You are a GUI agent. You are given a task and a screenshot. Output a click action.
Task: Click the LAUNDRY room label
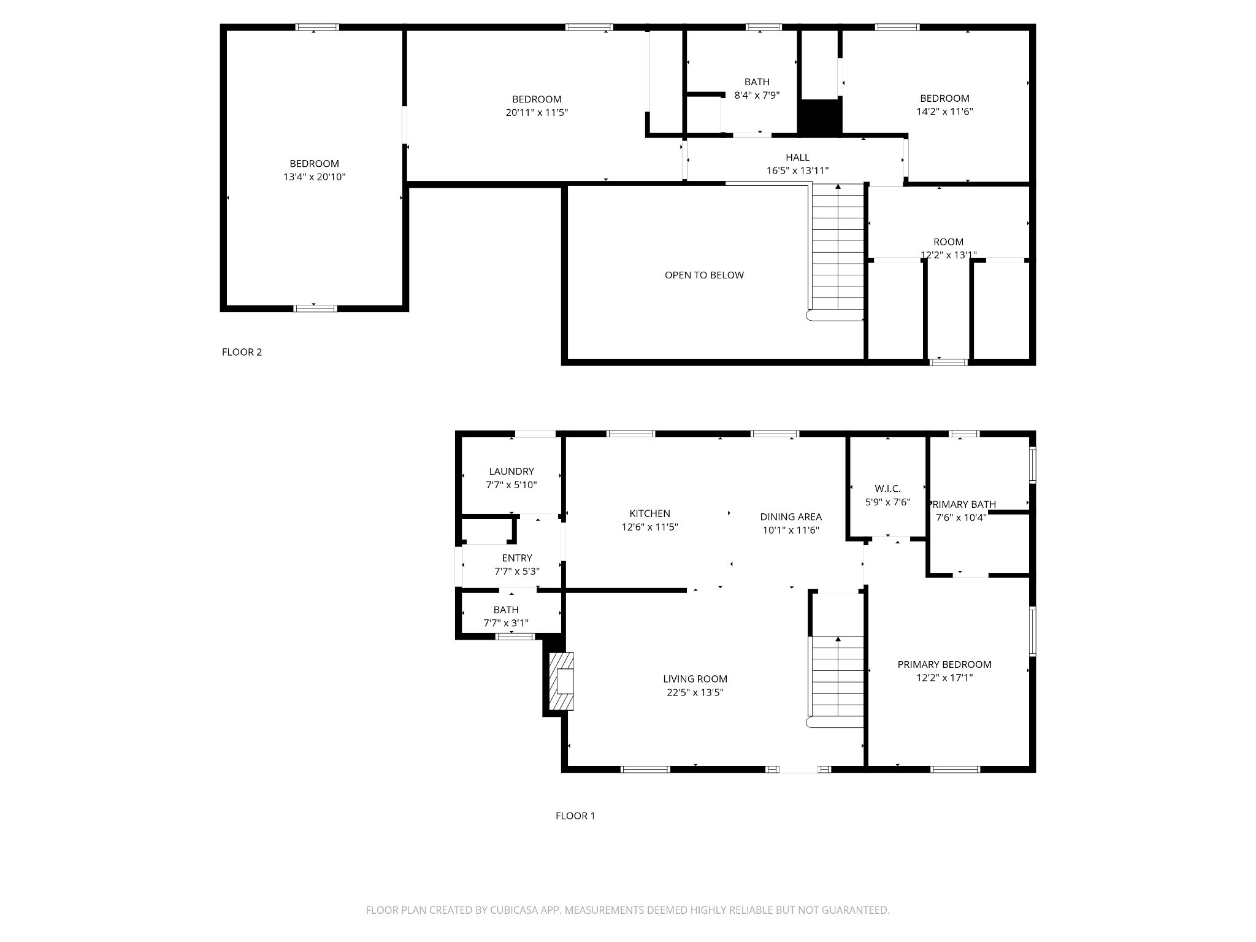511,471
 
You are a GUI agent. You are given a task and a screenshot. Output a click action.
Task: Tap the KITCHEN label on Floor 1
649,513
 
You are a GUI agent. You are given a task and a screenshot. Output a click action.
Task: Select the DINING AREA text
791,516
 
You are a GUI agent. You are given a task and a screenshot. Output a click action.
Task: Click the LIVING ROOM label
695,679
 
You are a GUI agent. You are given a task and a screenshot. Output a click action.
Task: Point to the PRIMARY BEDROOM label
944,664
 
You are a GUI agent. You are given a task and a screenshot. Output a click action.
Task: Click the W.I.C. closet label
887,488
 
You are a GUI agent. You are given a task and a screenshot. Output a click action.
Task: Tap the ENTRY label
517,557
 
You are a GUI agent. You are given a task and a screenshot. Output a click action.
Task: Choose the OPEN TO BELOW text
704,275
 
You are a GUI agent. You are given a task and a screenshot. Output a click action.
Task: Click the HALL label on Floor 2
797,157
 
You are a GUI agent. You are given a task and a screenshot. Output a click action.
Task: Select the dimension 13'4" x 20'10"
314,177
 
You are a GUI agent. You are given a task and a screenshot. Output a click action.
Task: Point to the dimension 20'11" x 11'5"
537,112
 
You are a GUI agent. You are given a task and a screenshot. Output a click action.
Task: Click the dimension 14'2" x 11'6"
944,112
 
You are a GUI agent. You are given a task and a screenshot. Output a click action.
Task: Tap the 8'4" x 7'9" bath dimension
757,95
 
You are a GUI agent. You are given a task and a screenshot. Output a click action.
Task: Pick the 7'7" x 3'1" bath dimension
506,623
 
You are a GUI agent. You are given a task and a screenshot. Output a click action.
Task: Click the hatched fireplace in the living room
561,681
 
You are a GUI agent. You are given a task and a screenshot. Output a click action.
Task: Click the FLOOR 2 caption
242,352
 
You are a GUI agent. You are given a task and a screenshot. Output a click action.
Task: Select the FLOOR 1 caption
575,816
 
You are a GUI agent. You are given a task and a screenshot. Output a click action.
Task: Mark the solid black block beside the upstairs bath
820,117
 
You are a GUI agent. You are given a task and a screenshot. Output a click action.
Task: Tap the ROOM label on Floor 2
948,242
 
